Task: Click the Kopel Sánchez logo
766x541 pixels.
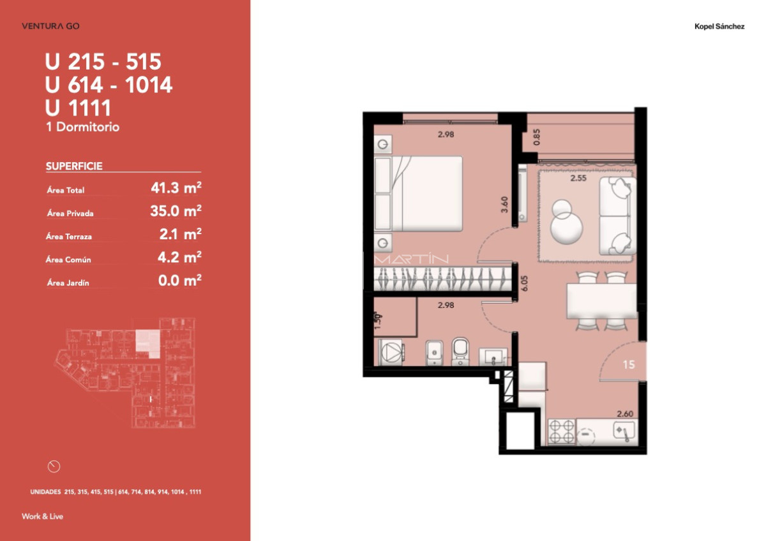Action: (x=719, y=27)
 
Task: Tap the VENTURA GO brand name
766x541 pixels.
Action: (x=50, y=26)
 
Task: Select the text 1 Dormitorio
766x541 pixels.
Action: (x=83, y=127)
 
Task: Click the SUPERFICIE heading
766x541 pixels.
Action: (x=74, y=167)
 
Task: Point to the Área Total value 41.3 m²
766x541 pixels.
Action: (x=176, y=188)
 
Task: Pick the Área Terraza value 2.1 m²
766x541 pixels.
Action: (x=181, y=235)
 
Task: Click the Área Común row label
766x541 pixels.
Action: (x=69, y=260)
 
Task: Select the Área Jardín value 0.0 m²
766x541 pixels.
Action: (x=180, y=281)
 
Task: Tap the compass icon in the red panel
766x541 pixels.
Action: (x=54, y=466)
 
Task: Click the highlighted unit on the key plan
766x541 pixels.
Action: (x=147, y=341)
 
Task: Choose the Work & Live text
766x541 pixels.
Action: (x=42, y=516)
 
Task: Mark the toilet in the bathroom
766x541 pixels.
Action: (x=460, y=352)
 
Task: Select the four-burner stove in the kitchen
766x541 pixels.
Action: (x=562, y=431)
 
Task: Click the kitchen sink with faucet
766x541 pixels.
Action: (x=623, y=432)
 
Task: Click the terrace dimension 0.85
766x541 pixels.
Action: (x=536, y=137)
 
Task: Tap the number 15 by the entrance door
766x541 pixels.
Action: (x=629, y=364)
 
